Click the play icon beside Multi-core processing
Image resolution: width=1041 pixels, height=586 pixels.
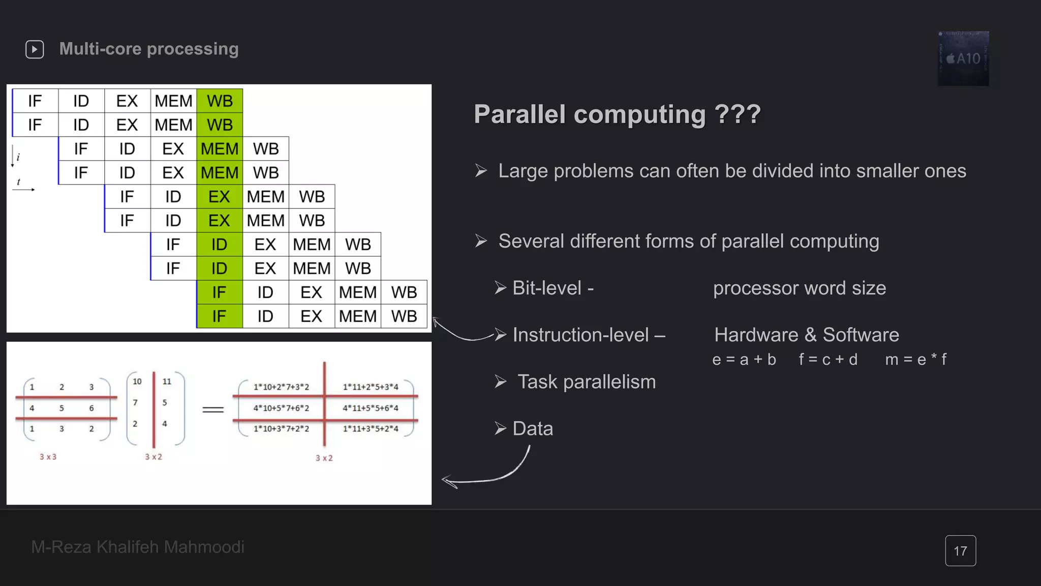35,49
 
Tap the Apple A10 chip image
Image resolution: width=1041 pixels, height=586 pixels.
963,58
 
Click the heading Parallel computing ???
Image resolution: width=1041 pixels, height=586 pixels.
617,114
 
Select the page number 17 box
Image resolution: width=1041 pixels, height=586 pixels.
960,550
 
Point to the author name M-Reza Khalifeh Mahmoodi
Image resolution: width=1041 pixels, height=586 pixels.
138,547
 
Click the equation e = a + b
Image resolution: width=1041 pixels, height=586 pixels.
744,360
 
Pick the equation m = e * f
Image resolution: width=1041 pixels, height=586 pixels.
915,360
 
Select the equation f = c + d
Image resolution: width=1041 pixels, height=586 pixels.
828,360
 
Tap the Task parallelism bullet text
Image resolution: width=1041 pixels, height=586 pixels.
586,382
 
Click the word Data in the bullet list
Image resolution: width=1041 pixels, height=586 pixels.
533,429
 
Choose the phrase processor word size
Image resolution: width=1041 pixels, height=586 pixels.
799,288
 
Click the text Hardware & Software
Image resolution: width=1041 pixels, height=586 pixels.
806,335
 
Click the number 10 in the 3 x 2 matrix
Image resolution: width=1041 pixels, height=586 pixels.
137,382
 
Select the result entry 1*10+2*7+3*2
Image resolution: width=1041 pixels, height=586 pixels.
281,387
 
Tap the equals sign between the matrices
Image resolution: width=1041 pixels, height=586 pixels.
213,409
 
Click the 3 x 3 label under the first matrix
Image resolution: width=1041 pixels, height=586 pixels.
48,457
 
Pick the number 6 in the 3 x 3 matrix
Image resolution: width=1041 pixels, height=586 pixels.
91,408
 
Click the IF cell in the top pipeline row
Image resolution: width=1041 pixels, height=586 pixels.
35,101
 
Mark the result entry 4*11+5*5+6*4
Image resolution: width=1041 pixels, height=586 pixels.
371,408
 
